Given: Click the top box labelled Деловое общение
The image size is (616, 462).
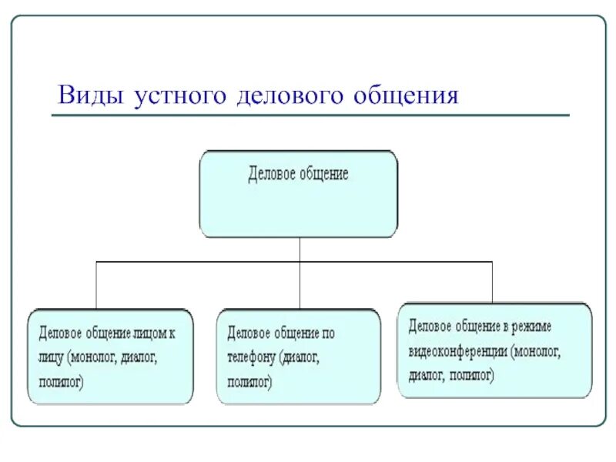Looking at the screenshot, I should coord(299,193).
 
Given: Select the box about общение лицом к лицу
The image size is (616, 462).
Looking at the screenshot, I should coord(109,357).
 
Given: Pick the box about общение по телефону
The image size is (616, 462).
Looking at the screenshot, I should coord(298,357).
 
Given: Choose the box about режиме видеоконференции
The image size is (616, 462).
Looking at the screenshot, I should coord(495,350).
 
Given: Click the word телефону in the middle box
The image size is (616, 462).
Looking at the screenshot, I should coord(251,357).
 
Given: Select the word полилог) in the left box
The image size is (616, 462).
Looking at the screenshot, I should coord(62,380).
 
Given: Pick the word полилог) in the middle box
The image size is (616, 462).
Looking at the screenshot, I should coord(250,381).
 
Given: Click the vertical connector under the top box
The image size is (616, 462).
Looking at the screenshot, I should coord(300,249).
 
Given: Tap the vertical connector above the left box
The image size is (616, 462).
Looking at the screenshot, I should coord(95,285).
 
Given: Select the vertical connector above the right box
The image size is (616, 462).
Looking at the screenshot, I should coord(492,282).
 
